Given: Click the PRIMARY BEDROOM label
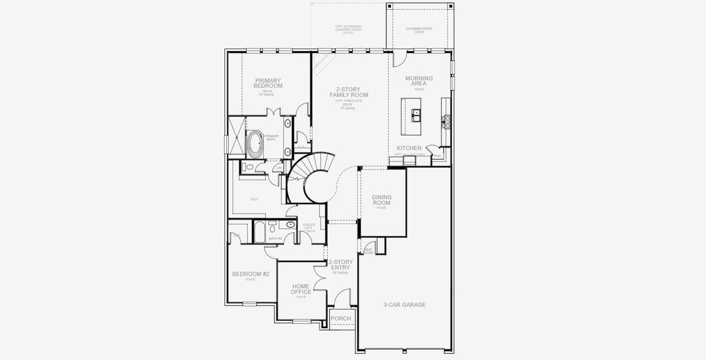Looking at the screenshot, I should coord(268,83).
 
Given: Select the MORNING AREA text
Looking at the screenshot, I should coord(418,81).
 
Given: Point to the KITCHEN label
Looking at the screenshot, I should coord(409,148).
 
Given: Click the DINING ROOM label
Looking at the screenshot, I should coord(381,200).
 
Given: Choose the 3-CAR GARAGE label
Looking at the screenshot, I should coord(405,305).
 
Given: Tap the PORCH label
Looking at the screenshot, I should coord(340,319).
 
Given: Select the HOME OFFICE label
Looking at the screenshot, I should coord(301,289).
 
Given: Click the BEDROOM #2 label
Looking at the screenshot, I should coord(250,274).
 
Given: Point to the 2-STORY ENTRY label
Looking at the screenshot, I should coord(340,265).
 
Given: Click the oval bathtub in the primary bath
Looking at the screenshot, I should coord(255,144).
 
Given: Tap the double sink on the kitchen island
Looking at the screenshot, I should coord(415,113).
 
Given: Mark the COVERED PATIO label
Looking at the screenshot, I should coord(418,29).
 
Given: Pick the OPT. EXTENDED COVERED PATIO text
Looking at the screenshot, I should coord(348,29).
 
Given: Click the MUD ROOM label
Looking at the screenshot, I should coord(368,251).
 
